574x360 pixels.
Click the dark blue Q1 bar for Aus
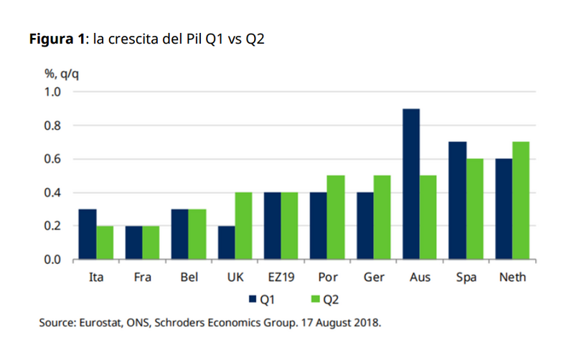click(x=410, y=184)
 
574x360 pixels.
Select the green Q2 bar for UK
click(x=244, y=226)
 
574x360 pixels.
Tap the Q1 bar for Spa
click(x=457, y=201)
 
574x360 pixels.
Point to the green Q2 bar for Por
click(x=336, y=217)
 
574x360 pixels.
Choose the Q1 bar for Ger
click(x=364, y=226)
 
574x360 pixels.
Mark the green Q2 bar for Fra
click(x=151, y=243)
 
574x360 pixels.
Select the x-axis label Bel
click(x=189, y=276)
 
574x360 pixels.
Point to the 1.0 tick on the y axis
click(x=54, y=93)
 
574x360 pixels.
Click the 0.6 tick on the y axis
click(x=54, y=159)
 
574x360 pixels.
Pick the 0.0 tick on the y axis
click(x=54, y=260)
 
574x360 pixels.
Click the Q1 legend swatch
click(x=253, y=298)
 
